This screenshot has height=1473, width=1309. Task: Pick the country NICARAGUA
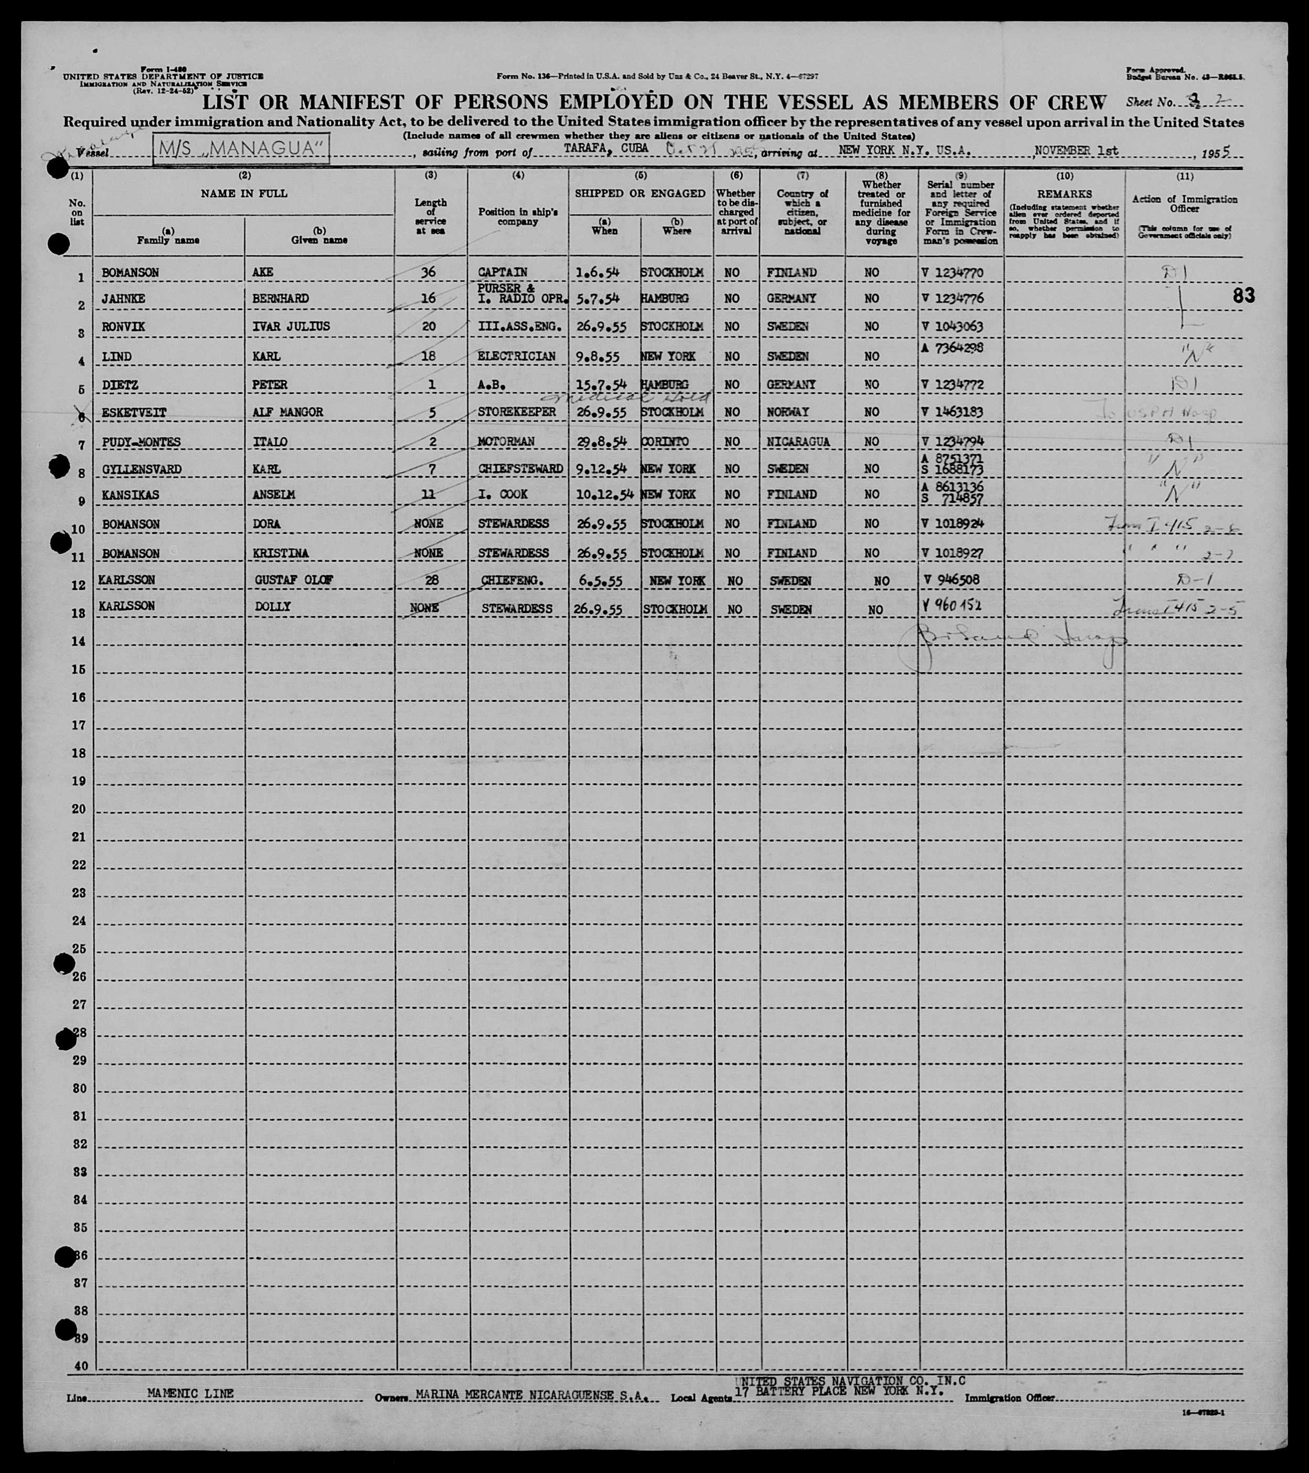pyautogui.click(x=792, y=441)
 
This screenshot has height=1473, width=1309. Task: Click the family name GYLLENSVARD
pyautogui.click(x=141, y=469)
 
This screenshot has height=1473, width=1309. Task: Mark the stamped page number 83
pyautogui.click(x=1243, y=295)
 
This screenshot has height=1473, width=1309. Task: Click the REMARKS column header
pyautogui.click(x=1064, y=194)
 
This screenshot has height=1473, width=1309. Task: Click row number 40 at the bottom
pyautogui.click(x=81, y=1366)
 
